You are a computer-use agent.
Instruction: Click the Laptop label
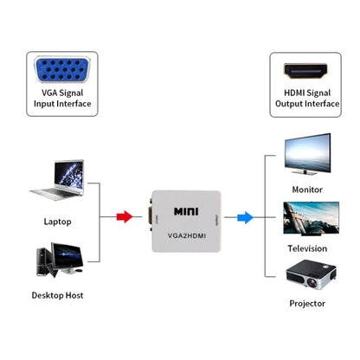58,221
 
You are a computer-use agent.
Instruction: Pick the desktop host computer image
57,263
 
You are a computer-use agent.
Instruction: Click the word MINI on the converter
186,210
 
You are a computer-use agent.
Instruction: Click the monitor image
307,153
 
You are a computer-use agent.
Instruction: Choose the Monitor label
307,189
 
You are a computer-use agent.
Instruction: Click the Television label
307,248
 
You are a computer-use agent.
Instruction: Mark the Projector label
307,304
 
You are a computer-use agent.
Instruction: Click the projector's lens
296,280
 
